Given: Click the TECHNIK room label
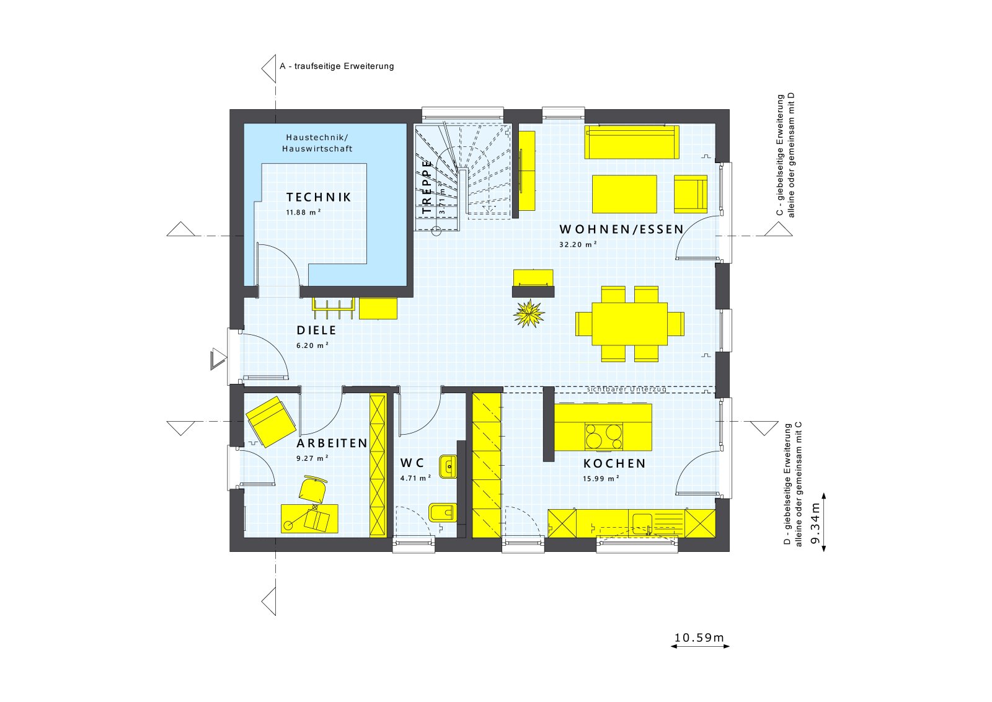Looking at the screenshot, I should point(319,197).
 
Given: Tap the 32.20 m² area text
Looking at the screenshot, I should point(578,244).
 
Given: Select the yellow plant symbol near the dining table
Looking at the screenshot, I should point(529,313).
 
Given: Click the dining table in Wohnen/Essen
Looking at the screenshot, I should point(629,323).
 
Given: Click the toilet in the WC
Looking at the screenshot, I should point(441,513).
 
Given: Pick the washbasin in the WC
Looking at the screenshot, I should point(448,466).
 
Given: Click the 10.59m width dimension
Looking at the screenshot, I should point(699,638).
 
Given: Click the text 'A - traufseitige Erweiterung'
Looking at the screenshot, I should point(337,66).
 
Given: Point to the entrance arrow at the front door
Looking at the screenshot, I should point(218,359).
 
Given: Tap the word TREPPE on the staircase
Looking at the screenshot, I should point(427,187).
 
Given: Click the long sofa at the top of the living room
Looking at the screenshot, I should point(631,142).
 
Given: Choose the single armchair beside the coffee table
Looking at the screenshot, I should point(690,194).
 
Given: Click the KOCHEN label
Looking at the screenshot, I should point(614,463).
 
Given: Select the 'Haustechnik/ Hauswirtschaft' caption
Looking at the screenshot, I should point(317,143).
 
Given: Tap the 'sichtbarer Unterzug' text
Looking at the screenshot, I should point(626,389).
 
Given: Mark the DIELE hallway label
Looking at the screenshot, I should point(316,331).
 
